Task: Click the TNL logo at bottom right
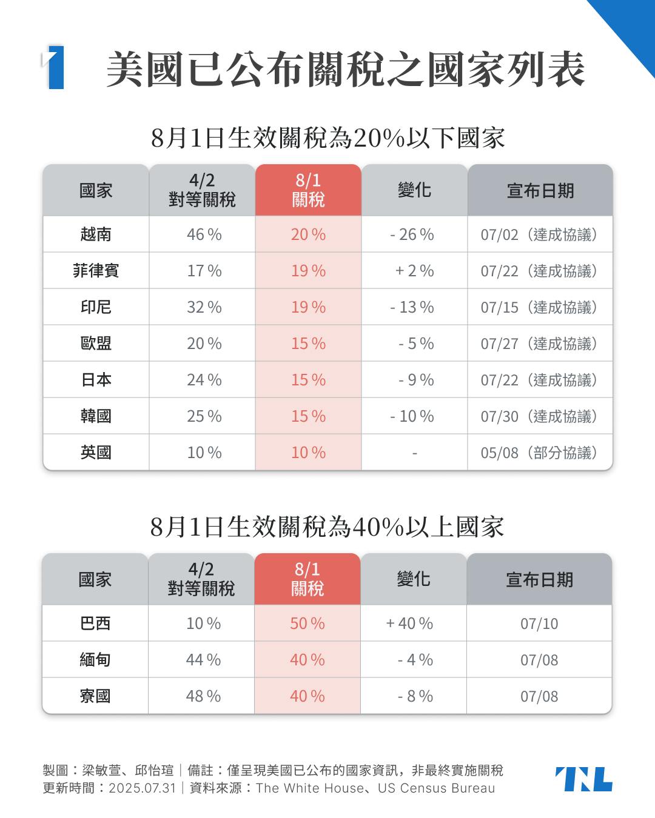(x=583, y=779)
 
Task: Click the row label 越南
(x=96, y=234)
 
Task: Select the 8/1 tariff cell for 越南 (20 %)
(x=308, y=234)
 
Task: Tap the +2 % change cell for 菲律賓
(x=414, y=271)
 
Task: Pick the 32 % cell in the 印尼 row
(x=204, y=307)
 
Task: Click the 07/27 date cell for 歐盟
(x=539, y=344)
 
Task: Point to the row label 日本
(x=96, y=380)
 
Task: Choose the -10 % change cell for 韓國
(x=412, y=416)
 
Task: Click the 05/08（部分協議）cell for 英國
(x=539, y=453)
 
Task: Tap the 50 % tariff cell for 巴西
(x=307, y=623)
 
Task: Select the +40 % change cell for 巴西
(x=409, y=623)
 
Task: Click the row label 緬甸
(x=95, y=660)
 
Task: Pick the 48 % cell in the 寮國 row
(x=203, y=696)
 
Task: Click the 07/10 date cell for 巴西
(x=539, y=623)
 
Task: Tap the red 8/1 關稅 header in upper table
(x=308, y=190)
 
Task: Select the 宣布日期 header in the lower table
(x=539, y=580)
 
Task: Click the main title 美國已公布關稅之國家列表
(x=346, y=69)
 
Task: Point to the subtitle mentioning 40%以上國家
(x=327, y=527)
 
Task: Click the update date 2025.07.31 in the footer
(x=142, y=788)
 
